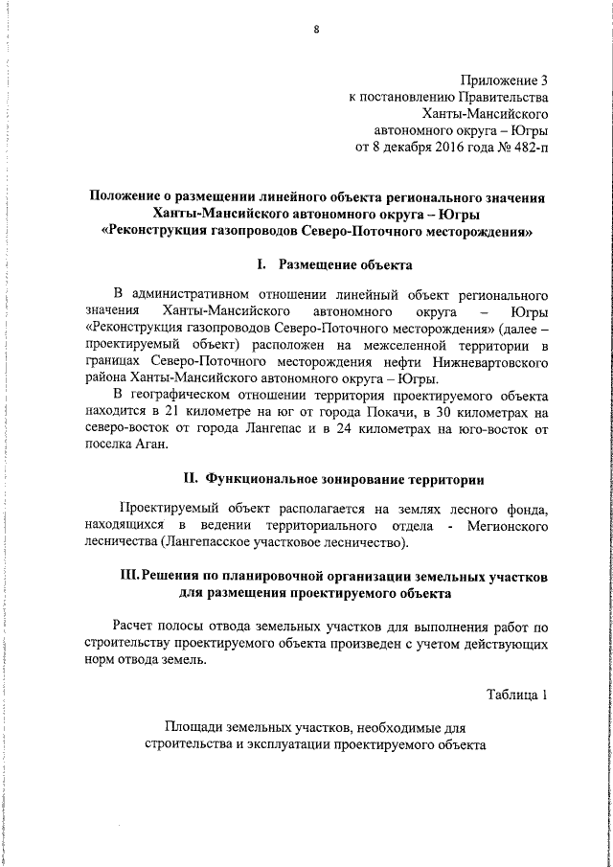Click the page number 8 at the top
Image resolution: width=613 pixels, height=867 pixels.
[x=316, y=29]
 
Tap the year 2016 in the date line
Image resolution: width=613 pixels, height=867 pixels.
[x=443, y=148]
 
